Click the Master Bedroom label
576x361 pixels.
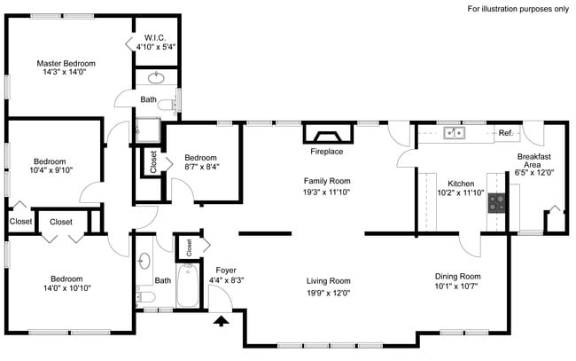pyautogui.click(x=66, y=63)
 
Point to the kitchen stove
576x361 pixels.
pyautogui.click(x=496, y=203)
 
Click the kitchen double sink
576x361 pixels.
pyautogui.click(x=455, y=133)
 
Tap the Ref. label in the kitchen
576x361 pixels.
pyautogui.click(x=506, y=133)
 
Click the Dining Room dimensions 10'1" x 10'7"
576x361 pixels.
pyautogui.click(x=457, y=286)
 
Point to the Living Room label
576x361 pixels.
pyautogui.click(x=328, y=281)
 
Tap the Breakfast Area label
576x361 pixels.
pyautogui.click(x=534, y=161)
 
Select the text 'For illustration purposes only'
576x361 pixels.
pyautogui.click(x=518, y=9)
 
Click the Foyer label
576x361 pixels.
pyautogui.click(x=226, y=270)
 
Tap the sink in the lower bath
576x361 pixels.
pyautogui.click(x=144, y=262)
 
